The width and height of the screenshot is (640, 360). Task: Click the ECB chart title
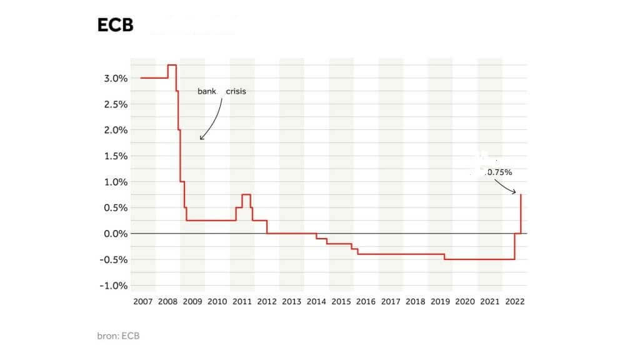tap(115, 25)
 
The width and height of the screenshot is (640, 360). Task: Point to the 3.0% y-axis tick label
tap(116, 78)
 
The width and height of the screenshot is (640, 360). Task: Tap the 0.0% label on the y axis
tap(116, 234)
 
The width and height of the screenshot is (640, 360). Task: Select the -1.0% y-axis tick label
tap(114, 286)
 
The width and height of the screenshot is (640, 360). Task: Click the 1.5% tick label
tap(116, 156)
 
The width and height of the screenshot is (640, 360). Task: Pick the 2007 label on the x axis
tap(142, 301)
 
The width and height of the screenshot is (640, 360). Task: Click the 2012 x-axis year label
tap(267, 301)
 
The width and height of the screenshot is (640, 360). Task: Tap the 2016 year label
tap(366, 301)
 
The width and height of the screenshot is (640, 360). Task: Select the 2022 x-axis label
tap(515, 301)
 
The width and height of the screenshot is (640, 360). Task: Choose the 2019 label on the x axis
tap(441, 301)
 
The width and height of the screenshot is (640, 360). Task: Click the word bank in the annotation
tap(207, 91)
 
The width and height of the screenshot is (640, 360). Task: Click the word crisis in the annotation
tap(236, 91)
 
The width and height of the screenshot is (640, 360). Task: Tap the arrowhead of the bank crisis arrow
tap(201, 138)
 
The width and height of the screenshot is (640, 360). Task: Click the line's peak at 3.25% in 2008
tap(172, 65)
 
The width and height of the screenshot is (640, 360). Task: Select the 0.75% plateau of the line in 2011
tap(246, 195)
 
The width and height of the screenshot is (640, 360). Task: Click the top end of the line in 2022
tap(521, 195)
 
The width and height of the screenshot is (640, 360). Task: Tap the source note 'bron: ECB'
tap(118, 336)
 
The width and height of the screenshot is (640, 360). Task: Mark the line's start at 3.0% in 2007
tap(142, 78)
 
